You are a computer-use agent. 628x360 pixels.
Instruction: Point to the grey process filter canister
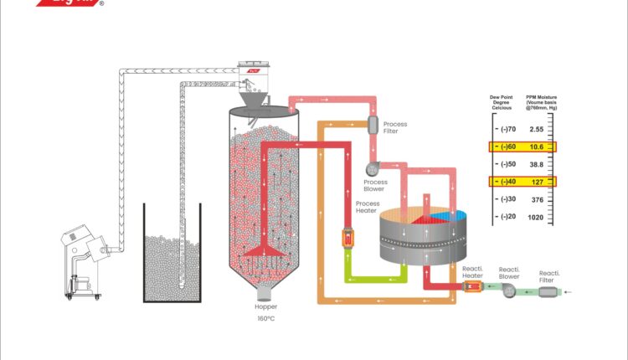point(373,124)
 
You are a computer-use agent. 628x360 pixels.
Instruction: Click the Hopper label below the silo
point(265,307)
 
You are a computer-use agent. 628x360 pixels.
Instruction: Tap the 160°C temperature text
point(265,319)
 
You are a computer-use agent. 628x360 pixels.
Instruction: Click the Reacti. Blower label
point(510,272)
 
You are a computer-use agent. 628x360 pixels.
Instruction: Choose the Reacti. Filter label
point(549,275)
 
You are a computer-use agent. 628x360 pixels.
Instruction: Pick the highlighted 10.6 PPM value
point(537,147)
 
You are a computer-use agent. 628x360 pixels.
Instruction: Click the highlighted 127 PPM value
point(537,182)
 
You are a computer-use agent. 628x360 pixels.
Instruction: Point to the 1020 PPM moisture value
point(537,217)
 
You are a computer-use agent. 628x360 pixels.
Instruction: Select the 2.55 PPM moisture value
point(537,130)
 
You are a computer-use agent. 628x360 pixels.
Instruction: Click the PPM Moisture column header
point(537,104)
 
